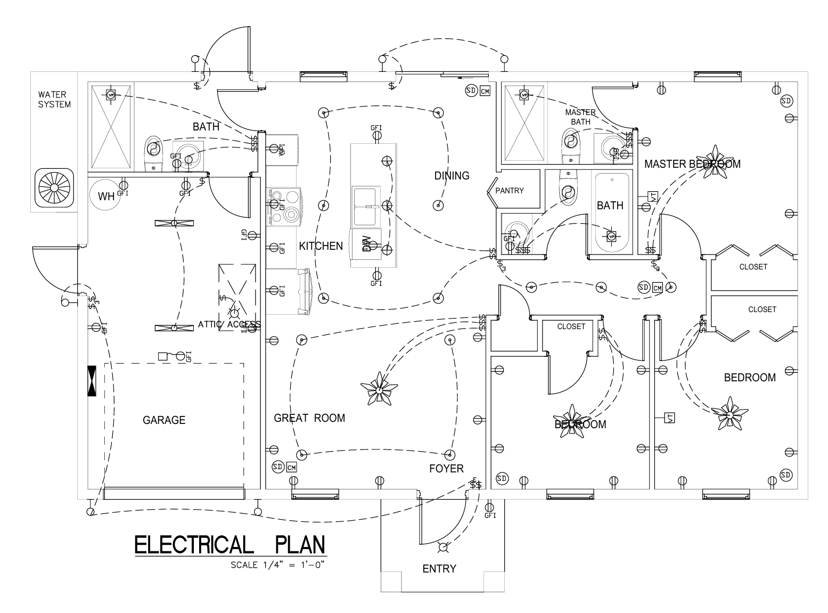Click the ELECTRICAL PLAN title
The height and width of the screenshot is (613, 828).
coord(229,545)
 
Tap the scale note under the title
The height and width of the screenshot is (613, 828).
coord(278,565)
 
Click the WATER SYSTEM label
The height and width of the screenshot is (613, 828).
coord(54,100)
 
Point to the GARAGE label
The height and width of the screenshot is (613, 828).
coord(164,420)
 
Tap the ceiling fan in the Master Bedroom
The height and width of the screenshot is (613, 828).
coord(713,164)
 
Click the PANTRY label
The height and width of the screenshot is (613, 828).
coord(510,191)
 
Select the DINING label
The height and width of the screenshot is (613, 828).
coord(452,176)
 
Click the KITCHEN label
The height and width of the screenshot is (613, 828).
coord(321,246)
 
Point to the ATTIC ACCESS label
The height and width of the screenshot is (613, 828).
coord(229,324)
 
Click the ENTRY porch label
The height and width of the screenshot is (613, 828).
coord(439,569)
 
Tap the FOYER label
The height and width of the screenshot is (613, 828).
coord(446,469)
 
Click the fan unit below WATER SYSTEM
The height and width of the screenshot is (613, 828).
coord(54,189)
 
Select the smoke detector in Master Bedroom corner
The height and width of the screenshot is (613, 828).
coord(786,101)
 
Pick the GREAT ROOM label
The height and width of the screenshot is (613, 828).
coord(309,418)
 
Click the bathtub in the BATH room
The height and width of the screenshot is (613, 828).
coord(611,213)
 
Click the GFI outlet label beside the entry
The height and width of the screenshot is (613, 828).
coord(490,516)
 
